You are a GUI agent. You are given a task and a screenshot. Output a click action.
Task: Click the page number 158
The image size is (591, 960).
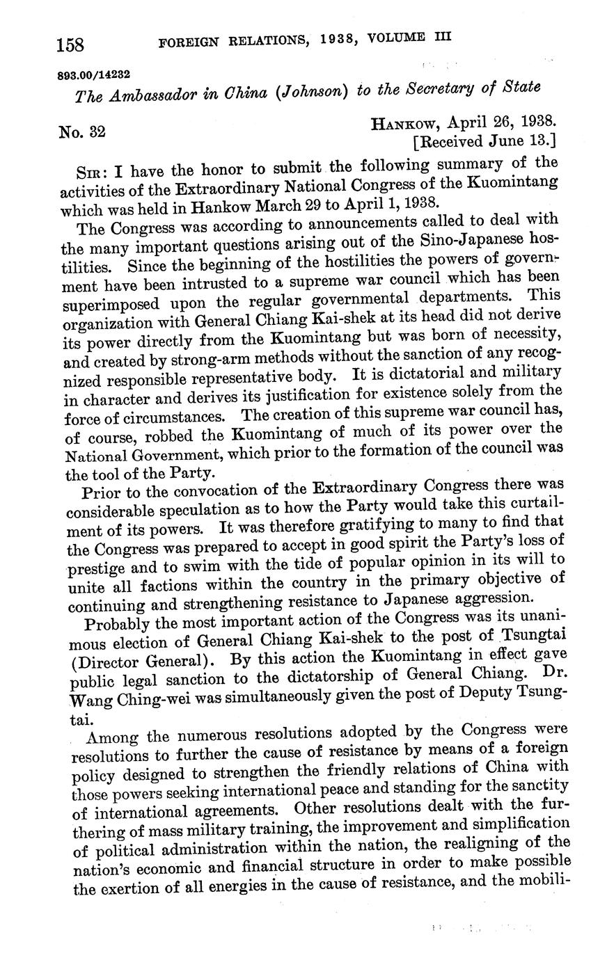coord(70,45)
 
